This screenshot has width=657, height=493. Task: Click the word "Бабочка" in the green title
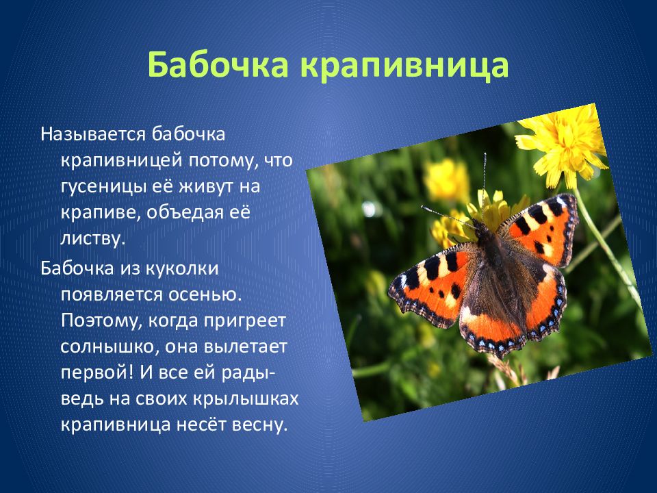tap(218, 64)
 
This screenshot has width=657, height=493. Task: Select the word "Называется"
tap(93, 135)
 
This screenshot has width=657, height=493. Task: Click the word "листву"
tap(93, 239)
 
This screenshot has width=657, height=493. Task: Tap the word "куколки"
tap(182, 268)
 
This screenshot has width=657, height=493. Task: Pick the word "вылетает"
tap(246, 347)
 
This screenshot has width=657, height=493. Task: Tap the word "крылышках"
tap(246, 399)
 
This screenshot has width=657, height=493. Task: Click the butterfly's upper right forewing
tap(541, 231)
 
